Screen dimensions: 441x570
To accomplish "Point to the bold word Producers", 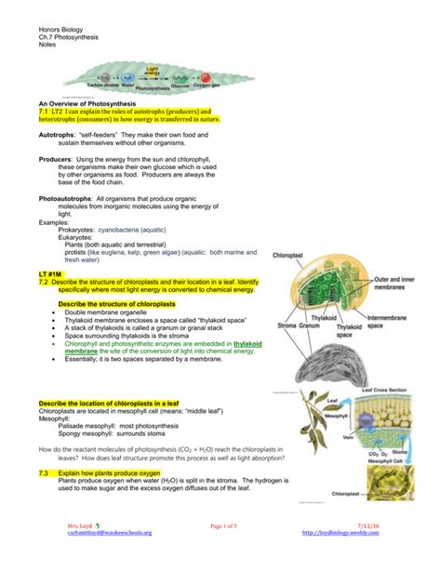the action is click(x=57, y=158).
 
